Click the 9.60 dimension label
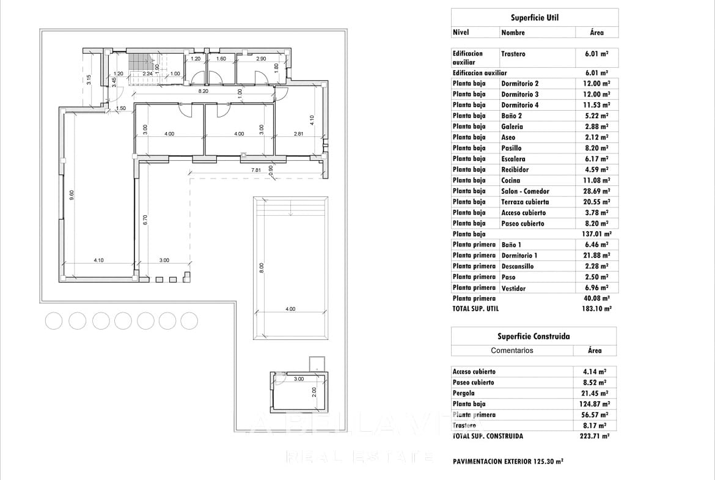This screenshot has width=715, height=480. click(x=71, y=195)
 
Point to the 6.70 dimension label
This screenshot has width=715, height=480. click(x=145, y=220)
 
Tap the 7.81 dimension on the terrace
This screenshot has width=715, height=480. click(x=256, y=169)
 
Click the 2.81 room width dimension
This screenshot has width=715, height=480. click(x=298, y=134)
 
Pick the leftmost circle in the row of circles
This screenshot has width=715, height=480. click(x=54, y=320)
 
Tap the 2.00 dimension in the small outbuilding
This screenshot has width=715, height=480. click(x=314, y=391)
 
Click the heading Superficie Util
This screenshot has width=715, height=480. click(x=535, y=18)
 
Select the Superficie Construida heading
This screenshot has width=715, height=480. click(x=533, y=336)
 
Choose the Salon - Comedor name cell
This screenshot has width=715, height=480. click(x=525, y=191)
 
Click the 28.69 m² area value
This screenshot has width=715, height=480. click(x=596, y=191)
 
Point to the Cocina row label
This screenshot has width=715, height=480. click(x=511, y=180)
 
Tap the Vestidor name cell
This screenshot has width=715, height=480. click(x=513, y=288)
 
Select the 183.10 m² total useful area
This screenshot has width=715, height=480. click(x=596, y=309)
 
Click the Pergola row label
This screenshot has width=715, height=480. click(x=464, y=393)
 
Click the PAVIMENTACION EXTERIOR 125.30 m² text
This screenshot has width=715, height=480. click(x=508, y=462)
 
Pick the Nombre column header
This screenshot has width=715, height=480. click(x=513, y=32)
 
